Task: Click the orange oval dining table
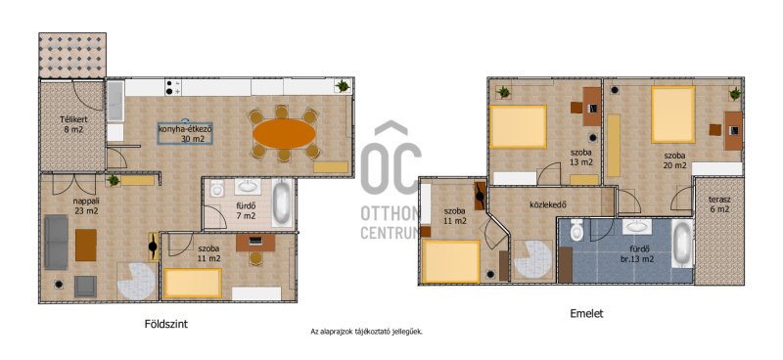(284, 134)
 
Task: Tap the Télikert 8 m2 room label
(71, 124)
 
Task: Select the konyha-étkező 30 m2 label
(186, 134)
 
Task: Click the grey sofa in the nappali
(56, 243)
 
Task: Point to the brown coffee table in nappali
(86, 245)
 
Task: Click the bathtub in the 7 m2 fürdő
(281, 203)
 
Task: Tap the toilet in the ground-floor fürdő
(216, 189)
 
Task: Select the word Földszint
(166, 324)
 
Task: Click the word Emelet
(586, 314)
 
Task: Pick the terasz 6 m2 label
(719, 204)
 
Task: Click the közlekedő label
(548, 204)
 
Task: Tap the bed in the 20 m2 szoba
(672, 114)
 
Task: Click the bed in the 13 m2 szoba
(518, 126)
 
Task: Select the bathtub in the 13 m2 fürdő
(682, 245)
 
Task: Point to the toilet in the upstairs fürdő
(577, 231)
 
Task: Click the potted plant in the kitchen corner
(343, 86)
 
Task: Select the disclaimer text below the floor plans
(366, 331)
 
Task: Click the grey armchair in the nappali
(85, 287)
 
